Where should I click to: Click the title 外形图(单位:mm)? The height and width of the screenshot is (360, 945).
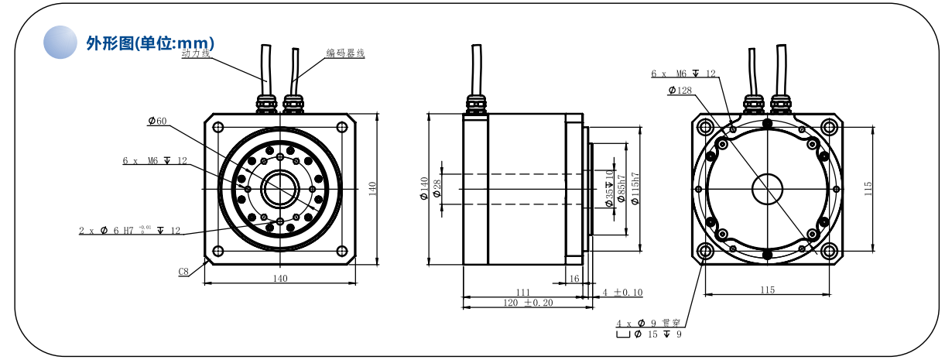[x=150, y=43]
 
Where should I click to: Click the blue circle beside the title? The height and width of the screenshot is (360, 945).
[x=62, y=42]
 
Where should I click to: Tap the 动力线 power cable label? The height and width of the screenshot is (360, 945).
[x=195, y=56]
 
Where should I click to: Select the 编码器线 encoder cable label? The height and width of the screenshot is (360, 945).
[x=344, y=53]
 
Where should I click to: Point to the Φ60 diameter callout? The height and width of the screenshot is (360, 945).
[x=157, y=122]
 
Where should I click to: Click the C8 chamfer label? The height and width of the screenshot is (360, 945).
[x=183, y=272]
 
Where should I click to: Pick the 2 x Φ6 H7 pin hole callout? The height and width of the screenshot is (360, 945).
[x=129, y=231]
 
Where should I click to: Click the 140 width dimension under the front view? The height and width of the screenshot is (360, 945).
[x=280, y=279]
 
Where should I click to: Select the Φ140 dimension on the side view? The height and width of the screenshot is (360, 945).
[x=424, y=188]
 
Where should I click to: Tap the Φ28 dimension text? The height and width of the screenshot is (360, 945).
[x=437, y=188]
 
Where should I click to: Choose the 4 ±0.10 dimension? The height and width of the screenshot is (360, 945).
[x=622, y=293]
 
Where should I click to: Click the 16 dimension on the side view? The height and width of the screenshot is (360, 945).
[x=574, y=278]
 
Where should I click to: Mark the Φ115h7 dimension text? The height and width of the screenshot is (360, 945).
[x=635, y=188]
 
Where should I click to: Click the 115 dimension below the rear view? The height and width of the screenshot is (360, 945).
[x=766, y=290]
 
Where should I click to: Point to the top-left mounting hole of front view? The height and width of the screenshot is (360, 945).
[x=218, y=127]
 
